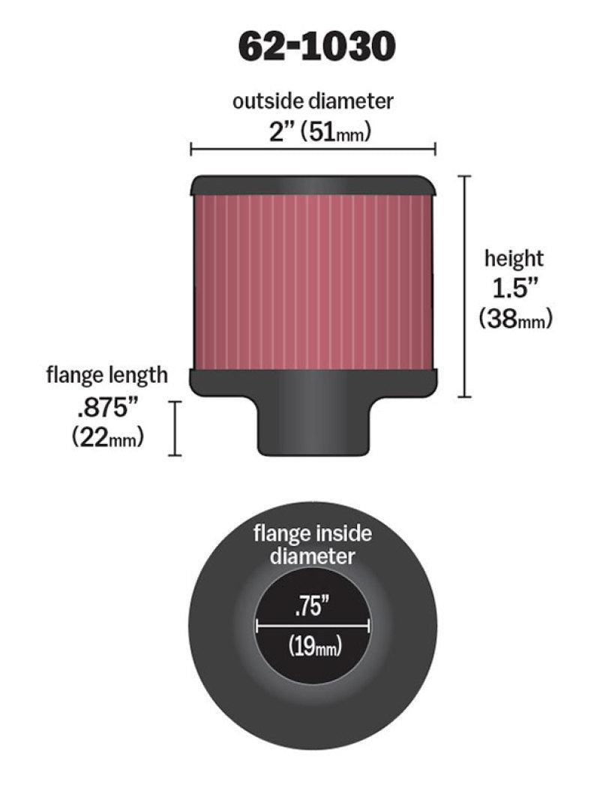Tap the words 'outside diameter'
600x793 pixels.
tap(313, 102)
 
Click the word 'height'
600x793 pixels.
tap(514, 260)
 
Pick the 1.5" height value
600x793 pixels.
tap(514, 289)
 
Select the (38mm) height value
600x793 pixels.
tap(515, 320)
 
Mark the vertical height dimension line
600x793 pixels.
tap(467, 286)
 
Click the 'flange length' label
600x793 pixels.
tap(107, 374)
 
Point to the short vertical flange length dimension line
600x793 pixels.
tap(177, 428)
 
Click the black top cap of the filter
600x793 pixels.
tap(313, 185)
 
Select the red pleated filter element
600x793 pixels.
tap(313, 281)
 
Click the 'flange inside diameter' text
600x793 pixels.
tap(313, 545)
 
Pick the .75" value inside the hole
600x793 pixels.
tap(313, 605)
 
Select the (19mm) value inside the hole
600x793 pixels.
tap(313, 645)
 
